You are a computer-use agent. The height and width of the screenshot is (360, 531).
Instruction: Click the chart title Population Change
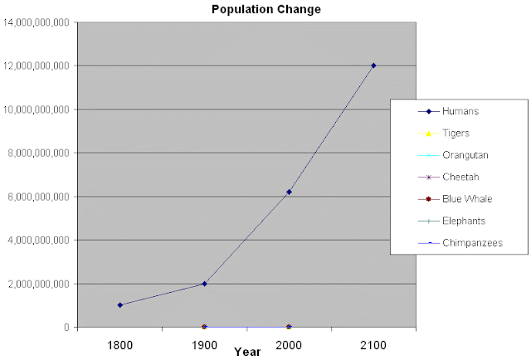tap(265, 9)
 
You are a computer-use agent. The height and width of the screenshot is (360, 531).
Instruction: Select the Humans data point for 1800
tap(120, 305)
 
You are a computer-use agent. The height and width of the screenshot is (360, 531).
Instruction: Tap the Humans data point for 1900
tap(204, 284)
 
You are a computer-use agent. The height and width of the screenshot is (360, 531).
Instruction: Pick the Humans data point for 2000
tap(289, 192)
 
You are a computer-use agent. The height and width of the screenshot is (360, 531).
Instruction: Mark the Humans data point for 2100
tap(373, 66)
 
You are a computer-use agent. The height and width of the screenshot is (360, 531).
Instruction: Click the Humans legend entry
tap(460, 110)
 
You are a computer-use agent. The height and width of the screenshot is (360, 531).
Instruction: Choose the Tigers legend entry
tap(456, 133)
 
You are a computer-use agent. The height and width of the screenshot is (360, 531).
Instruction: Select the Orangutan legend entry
tap(464, 154)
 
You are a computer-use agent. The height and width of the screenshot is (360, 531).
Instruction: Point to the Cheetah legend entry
tap(460, 177)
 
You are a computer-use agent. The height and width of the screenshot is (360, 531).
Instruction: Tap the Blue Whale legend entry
tap(466, 199)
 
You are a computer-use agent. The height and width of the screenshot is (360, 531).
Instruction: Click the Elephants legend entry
tap(464, 221)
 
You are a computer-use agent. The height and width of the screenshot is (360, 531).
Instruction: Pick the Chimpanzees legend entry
tap(471, 243)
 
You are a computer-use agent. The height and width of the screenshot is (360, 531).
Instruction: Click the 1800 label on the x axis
tap(120, 343)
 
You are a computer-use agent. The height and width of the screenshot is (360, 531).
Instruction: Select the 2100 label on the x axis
tap(373, 343)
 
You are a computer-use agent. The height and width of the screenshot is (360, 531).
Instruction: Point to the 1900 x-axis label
tap(204, 343)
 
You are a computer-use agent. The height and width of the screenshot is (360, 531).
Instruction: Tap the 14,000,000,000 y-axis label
tap(35, 22)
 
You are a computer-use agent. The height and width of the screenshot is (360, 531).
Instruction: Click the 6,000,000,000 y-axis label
tap(38, 197)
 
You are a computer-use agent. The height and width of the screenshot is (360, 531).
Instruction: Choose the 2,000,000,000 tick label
tap(38, 284)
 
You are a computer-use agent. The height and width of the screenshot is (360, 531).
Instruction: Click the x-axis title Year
tap(247, 352)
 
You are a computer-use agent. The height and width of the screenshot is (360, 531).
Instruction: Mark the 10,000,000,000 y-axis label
tap(35, 109)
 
